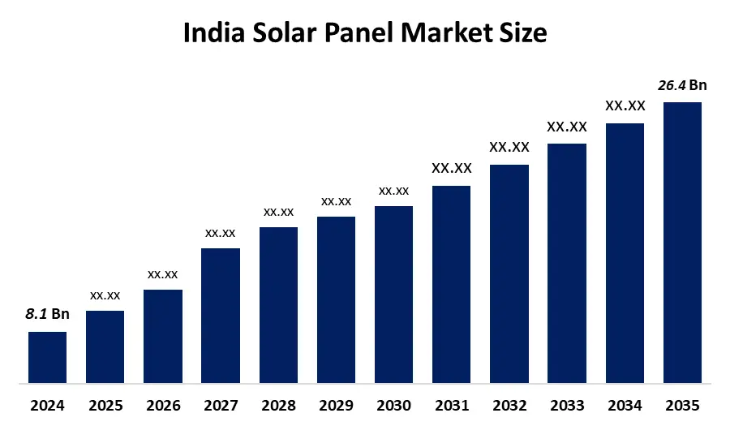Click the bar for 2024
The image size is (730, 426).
click(x=47, y=357)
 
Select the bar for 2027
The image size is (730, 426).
click(x=221, y=315)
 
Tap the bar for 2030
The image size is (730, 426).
click(x=393, y=294)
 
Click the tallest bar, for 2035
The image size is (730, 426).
click(x=682, y=242)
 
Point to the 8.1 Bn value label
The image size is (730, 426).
click(x=47, y=315)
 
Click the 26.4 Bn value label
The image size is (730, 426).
click(x=682, y=85)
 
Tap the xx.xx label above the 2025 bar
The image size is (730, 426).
click(x=105, y=295)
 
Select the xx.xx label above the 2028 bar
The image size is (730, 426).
click(x=278, y=212)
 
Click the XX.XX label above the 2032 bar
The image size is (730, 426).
click(x=509, y=147)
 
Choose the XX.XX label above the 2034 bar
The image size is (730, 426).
click(x=625, y=105)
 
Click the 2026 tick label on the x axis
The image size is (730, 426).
click(x=163, y=405)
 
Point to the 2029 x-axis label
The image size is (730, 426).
click(x=336, y=405)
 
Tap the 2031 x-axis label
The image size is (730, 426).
click(x=451, y=405)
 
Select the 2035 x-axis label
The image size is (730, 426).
click(x=682, y=405)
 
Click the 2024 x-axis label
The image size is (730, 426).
click(x=47, y=405)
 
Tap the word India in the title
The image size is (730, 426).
click(x=210, y=33)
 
